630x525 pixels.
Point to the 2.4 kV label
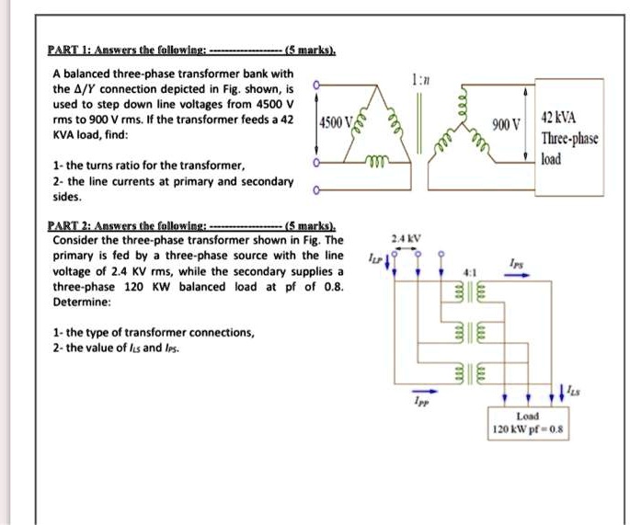[x=406, y=239]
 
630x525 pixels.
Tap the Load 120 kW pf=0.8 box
[x=529, y=421]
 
